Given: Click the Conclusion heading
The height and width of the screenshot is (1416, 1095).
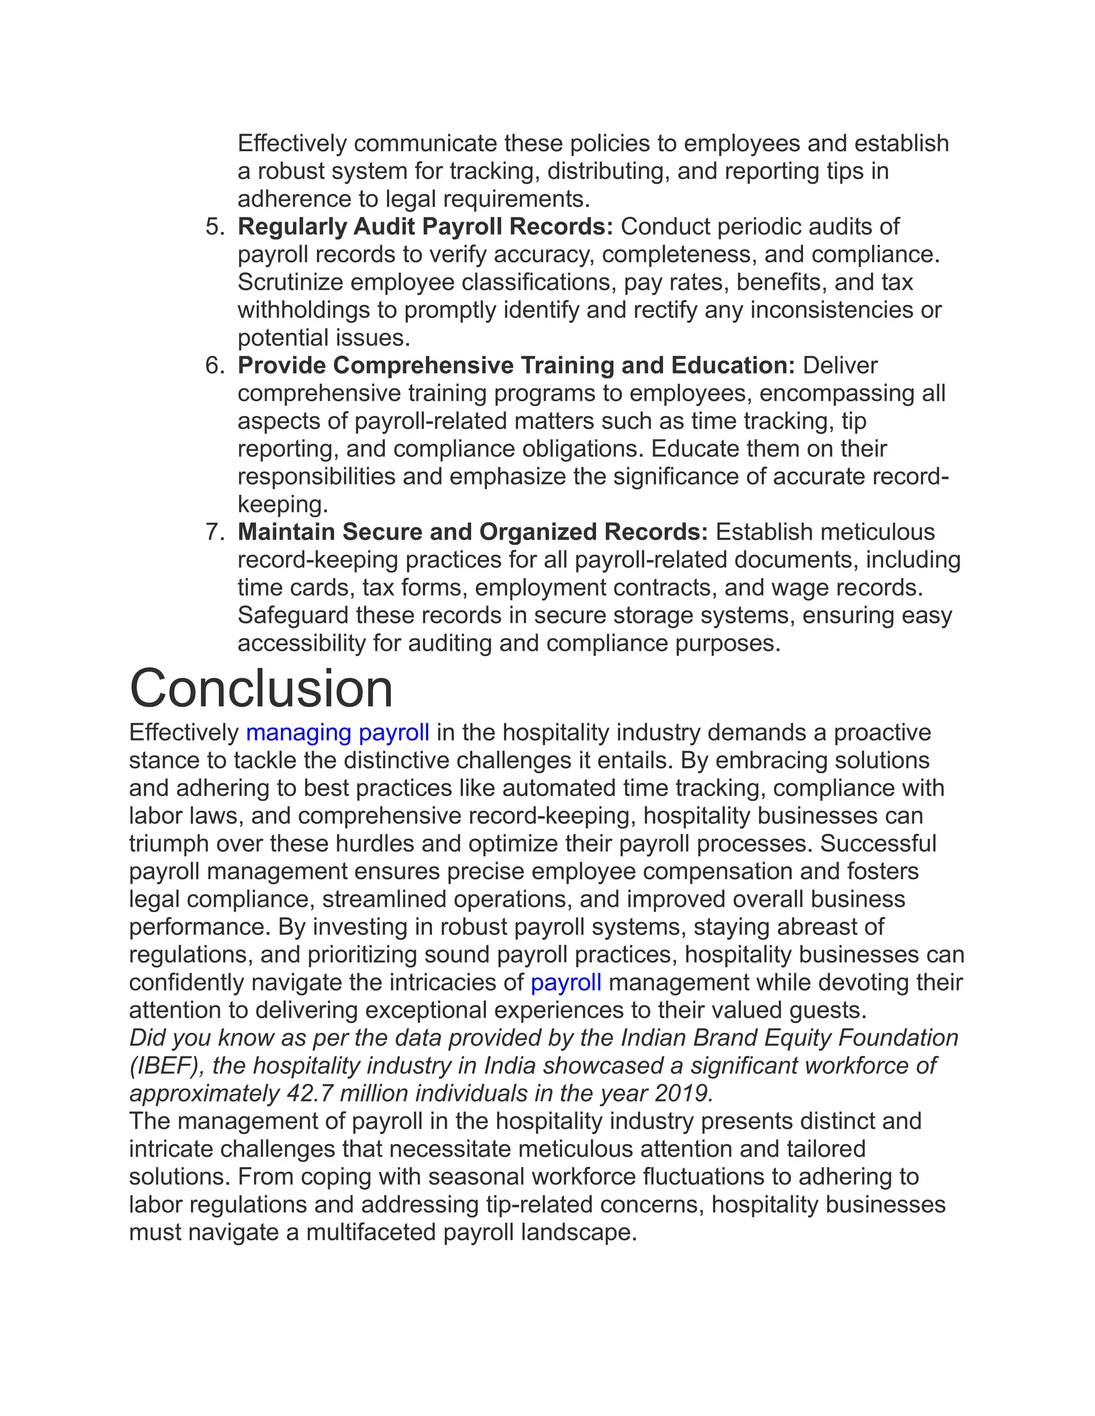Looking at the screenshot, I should click(261, 689).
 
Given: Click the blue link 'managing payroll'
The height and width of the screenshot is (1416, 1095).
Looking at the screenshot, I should click(337, 733).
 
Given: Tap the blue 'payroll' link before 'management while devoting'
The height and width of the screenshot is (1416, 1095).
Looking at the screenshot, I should click(566, 982).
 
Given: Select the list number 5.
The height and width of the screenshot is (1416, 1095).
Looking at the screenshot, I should click(215, 227).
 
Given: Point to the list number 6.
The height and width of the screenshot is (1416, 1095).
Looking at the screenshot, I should click(215, 365).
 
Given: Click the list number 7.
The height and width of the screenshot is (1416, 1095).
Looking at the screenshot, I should click(215, 532).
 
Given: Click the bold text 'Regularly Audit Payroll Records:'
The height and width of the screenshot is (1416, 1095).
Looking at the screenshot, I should click(425, 227).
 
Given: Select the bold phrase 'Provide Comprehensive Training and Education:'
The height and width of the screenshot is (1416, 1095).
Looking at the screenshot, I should click(516, 365).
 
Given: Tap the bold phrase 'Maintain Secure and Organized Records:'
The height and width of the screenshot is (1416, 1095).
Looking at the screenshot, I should click(472, 532).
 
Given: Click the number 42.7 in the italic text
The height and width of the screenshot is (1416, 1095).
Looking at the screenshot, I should click(310, 1094).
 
